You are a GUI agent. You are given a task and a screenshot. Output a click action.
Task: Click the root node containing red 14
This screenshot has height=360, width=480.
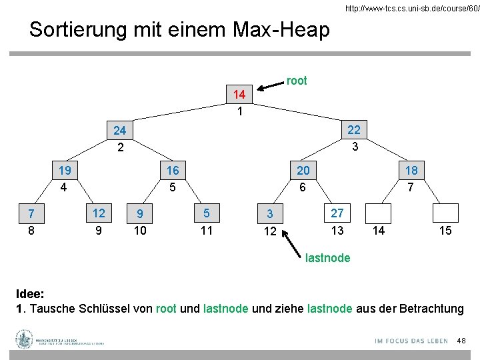tap(239, 95)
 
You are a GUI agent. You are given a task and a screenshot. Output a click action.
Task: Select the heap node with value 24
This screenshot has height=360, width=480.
tap(120, 130)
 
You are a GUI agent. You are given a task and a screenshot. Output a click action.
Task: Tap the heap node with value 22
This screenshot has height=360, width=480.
tap(354, 129)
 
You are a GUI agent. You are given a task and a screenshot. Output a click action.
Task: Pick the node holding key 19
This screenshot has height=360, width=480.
tap(65, 171)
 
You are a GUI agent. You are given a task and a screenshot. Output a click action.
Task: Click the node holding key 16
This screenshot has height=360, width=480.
tap(173, 171)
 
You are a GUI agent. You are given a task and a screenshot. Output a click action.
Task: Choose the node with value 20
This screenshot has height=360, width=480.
tap(303, 171)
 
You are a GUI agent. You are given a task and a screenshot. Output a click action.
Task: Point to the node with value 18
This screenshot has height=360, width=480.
tap(411, 171)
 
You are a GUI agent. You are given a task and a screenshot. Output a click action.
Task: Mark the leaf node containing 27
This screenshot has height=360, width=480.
tap(337, 213)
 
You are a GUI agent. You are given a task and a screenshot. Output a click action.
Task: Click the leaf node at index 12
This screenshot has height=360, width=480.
tap(270, 214)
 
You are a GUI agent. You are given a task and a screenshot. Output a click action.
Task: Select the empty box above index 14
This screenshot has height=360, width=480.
tap(379, 213)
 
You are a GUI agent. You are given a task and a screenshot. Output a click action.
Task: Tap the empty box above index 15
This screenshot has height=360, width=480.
tap(445, 213)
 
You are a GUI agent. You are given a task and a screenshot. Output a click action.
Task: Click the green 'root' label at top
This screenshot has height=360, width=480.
tap(297, 81)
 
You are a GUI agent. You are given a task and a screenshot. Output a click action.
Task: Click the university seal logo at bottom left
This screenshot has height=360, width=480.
tap(25, 339)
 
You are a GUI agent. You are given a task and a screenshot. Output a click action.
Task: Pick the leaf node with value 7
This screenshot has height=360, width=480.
tap(31, 214)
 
